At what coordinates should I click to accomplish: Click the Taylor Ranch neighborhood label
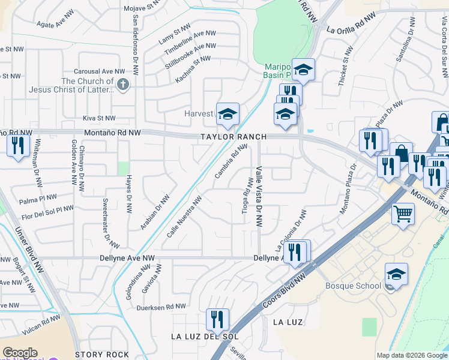(x=234, y=137)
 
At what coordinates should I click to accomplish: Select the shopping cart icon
(x=403, y=213)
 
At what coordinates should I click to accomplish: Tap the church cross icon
(x=123, y=84)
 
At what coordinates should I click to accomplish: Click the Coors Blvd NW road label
(x=284, y=292)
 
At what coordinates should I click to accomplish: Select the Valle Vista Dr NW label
(x=259, y=196)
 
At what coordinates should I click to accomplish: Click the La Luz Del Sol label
(x=205, y=337)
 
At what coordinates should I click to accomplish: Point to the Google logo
(x=20, y=353)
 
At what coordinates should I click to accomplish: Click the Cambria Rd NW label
(x=231, y=161)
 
